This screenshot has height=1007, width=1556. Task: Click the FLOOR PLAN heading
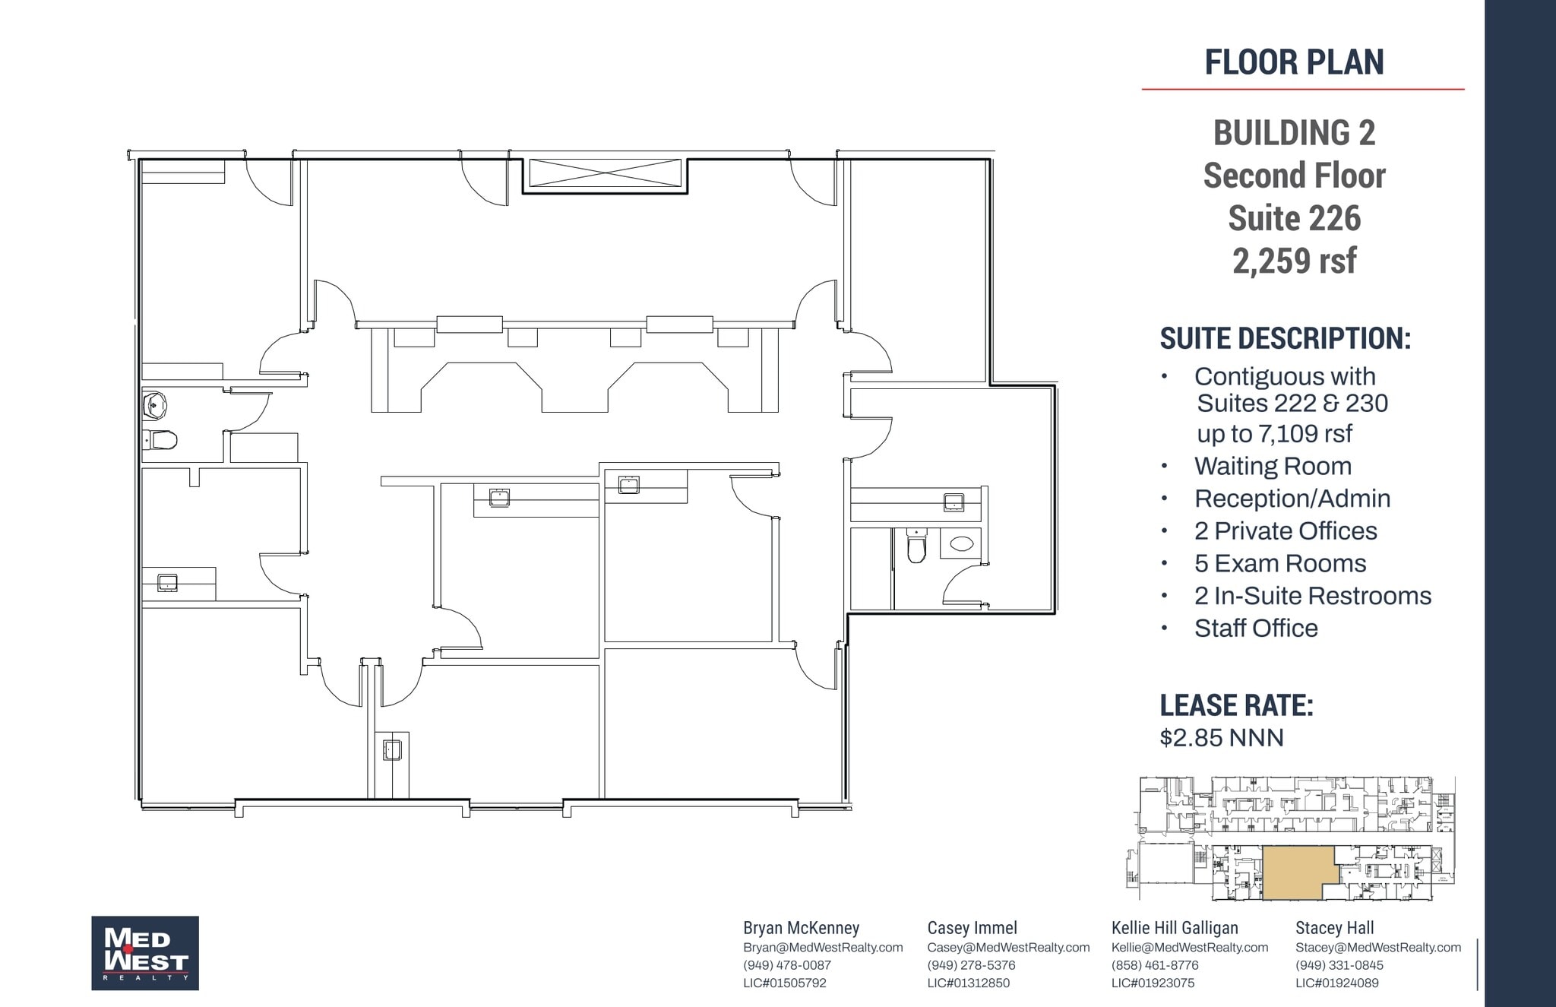pyautogui.click(x=1294, y=62)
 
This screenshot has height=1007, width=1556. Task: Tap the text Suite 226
pyautogui.click(x=1294, y=219)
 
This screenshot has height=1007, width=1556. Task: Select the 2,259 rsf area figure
pyautogui.click(x=1294, y=261)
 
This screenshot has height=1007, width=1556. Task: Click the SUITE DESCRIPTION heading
pyautogui.click(x=1285, y=339)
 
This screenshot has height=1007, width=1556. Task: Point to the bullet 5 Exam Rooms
pyautogui.click(x=1279, y=563)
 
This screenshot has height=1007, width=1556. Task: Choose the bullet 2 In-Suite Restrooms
pyautogui.click(x=1312, y=596)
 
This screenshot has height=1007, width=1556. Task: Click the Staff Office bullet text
pyautogui.click(x=1255, y=629)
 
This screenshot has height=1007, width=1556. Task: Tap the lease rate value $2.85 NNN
pyautogui.click(x=1222, y=738)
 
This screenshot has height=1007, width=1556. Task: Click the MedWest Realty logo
pyautogui.click(x=145, y=953)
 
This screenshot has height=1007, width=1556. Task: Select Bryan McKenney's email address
pyautogui.click(x=823, y=948)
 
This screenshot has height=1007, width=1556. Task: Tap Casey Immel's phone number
pyautogui.click(x=971, y=965)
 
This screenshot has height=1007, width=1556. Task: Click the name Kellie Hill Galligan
pyautogui.click(x=1175, y=928)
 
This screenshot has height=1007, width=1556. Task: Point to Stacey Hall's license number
pyautogui.click(x=1336, y=983)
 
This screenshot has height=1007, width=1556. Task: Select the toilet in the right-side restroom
pyautogui.click(x=917, y=546)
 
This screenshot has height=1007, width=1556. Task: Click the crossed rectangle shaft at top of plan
pyautogui.click(x=605, y=173)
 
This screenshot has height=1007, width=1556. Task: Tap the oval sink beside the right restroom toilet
pyautogui.click(x=961, y=543)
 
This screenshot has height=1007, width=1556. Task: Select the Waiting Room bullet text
pyautogui.click(x=1273, y=466)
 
